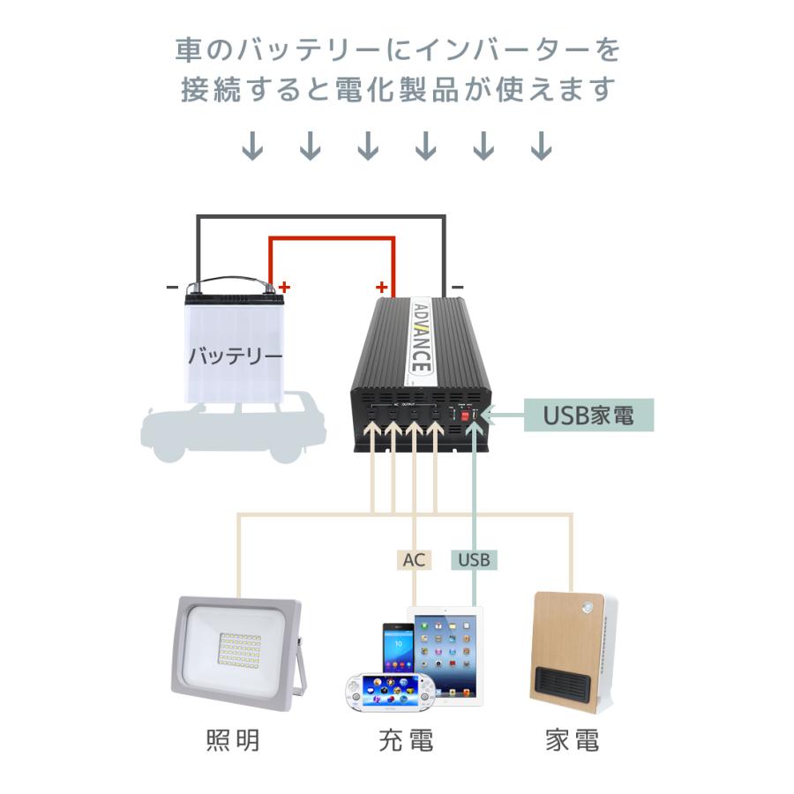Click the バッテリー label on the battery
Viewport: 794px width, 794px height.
tap(235, 356)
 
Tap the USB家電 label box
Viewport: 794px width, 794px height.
tap(589, 415)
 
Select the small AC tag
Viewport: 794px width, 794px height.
tap(413, 559)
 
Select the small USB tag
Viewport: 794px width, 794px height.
tap(475, 559)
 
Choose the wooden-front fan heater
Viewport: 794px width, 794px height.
tap(572, 653)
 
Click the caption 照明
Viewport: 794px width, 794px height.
tap(233, 740)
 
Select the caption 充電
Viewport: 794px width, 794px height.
tap(406, 740)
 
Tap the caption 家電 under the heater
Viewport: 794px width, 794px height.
tap(572, 740)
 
